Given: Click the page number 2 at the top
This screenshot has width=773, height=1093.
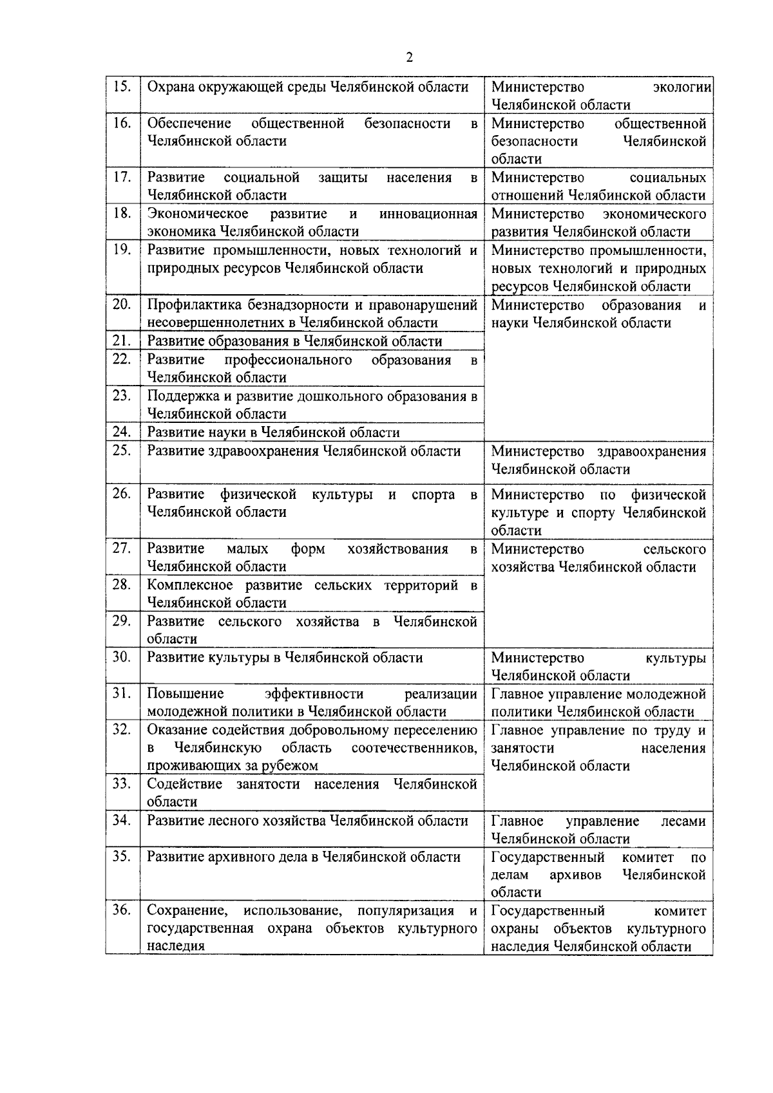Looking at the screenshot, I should [410, 58].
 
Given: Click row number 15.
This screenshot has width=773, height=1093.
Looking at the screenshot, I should [122, 86].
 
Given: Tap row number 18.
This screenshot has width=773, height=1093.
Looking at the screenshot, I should [122, 213].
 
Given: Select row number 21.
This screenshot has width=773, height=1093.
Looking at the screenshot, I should [122, 341].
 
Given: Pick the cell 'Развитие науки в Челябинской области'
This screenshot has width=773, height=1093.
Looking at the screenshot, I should [273, 433].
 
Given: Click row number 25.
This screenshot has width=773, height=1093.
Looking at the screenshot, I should [122, 451].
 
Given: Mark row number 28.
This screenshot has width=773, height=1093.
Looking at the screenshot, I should [122, 585].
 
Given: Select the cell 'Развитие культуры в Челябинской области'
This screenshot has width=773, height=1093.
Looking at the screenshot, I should [285, 658].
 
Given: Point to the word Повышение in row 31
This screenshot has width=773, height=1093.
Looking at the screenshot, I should [186, 694].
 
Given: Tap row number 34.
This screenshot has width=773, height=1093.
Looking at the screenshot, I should [122, 821].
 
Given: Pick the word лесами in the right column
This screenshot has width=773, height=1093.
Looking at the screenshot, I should [683, 821].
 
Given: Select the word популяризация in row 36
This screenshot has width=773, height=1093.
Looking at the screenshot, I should [405, 911].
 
